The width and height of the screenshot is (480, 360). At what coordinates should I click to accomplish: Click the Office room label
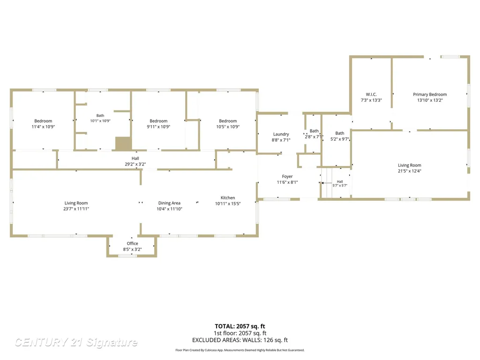coord(132,243)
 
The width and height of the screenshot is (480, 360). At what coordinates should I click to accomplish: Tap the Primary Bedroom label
coord(430,94)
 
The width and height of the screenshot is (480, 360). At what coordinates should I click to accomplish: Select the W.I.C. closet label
coord(371,94)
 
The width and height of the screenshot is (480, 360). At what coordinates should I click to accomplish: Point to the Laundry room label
coord(281,134)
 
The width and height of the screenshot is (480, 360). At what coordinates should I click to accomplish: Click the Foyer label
coord(287,176)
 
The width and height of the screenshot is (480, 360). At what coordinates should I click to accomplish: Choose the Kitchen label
coord(228,198)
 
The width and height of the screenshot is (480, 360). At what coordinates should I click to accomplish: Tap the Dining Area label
coord(169,203)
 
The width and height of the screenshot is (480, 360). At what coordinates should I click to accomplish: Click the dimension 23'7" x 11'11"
coord(76,209)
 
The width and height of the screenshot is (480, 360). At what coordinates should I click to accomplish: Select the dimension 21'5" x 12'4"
coord(410,171)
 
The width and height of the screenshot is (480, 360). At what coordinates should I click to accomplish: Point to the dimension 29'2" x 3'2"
coord(135,164)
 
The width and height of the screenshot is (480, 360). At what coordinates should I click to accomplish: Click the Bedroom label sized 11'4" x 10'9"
coord(43,121)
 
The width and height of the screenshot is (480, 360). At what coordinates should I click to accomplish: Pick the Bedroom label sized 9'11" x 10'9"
coord(158,121)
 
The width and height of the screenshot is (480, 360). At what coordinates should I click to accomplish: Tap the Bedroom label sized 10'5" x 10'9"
coord(228,121)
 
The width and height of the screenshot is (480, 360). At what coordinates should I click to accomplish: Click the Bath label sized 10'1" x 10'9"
coord(100,115)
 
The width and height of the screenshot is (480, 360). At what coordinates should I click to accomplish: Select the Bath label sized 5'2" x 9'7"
coord(339,133)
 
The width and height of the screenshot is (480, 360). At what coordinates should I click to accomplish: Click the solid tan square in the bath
coord(123,143)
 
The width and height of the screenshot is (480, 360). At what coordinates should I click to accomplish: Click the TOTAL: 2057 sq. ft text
coord(240,326)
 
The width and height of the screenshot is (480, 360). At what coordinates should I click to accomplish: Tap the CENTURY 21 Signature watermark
coord(76,342)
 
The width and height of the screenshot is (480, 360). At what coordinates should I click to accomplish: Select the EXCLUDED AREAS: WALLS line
coord(240,340)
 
